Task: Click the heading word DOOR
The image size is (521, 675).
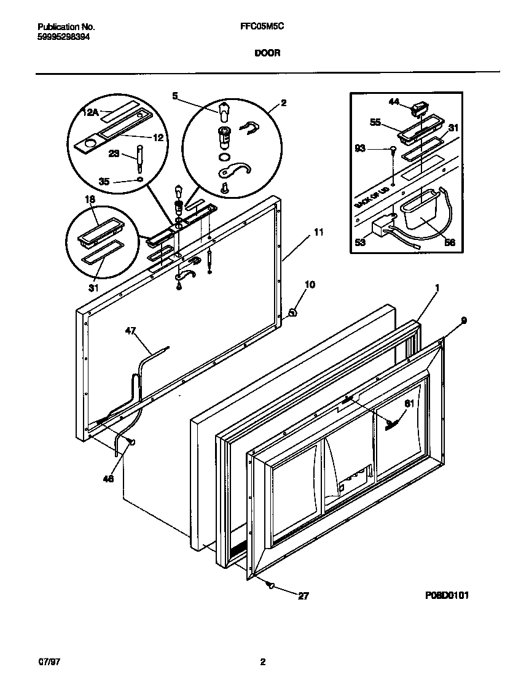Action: point(267,53)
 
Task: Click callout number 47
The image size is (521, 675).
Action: point(130,331)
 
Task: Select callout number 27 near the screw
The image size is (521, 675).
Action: point(303,595)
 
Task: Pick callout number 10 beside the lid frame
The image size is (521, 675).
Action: point(310,285)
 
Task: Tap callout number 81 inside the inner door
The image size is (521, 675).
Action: point(409,403)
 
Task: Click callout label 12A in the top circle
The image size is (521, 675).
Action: point(91,112)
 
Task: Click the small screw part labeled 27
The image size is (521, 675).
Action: point(270,585)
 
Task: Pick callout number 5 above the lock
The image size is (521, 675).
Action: point(174,96)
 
